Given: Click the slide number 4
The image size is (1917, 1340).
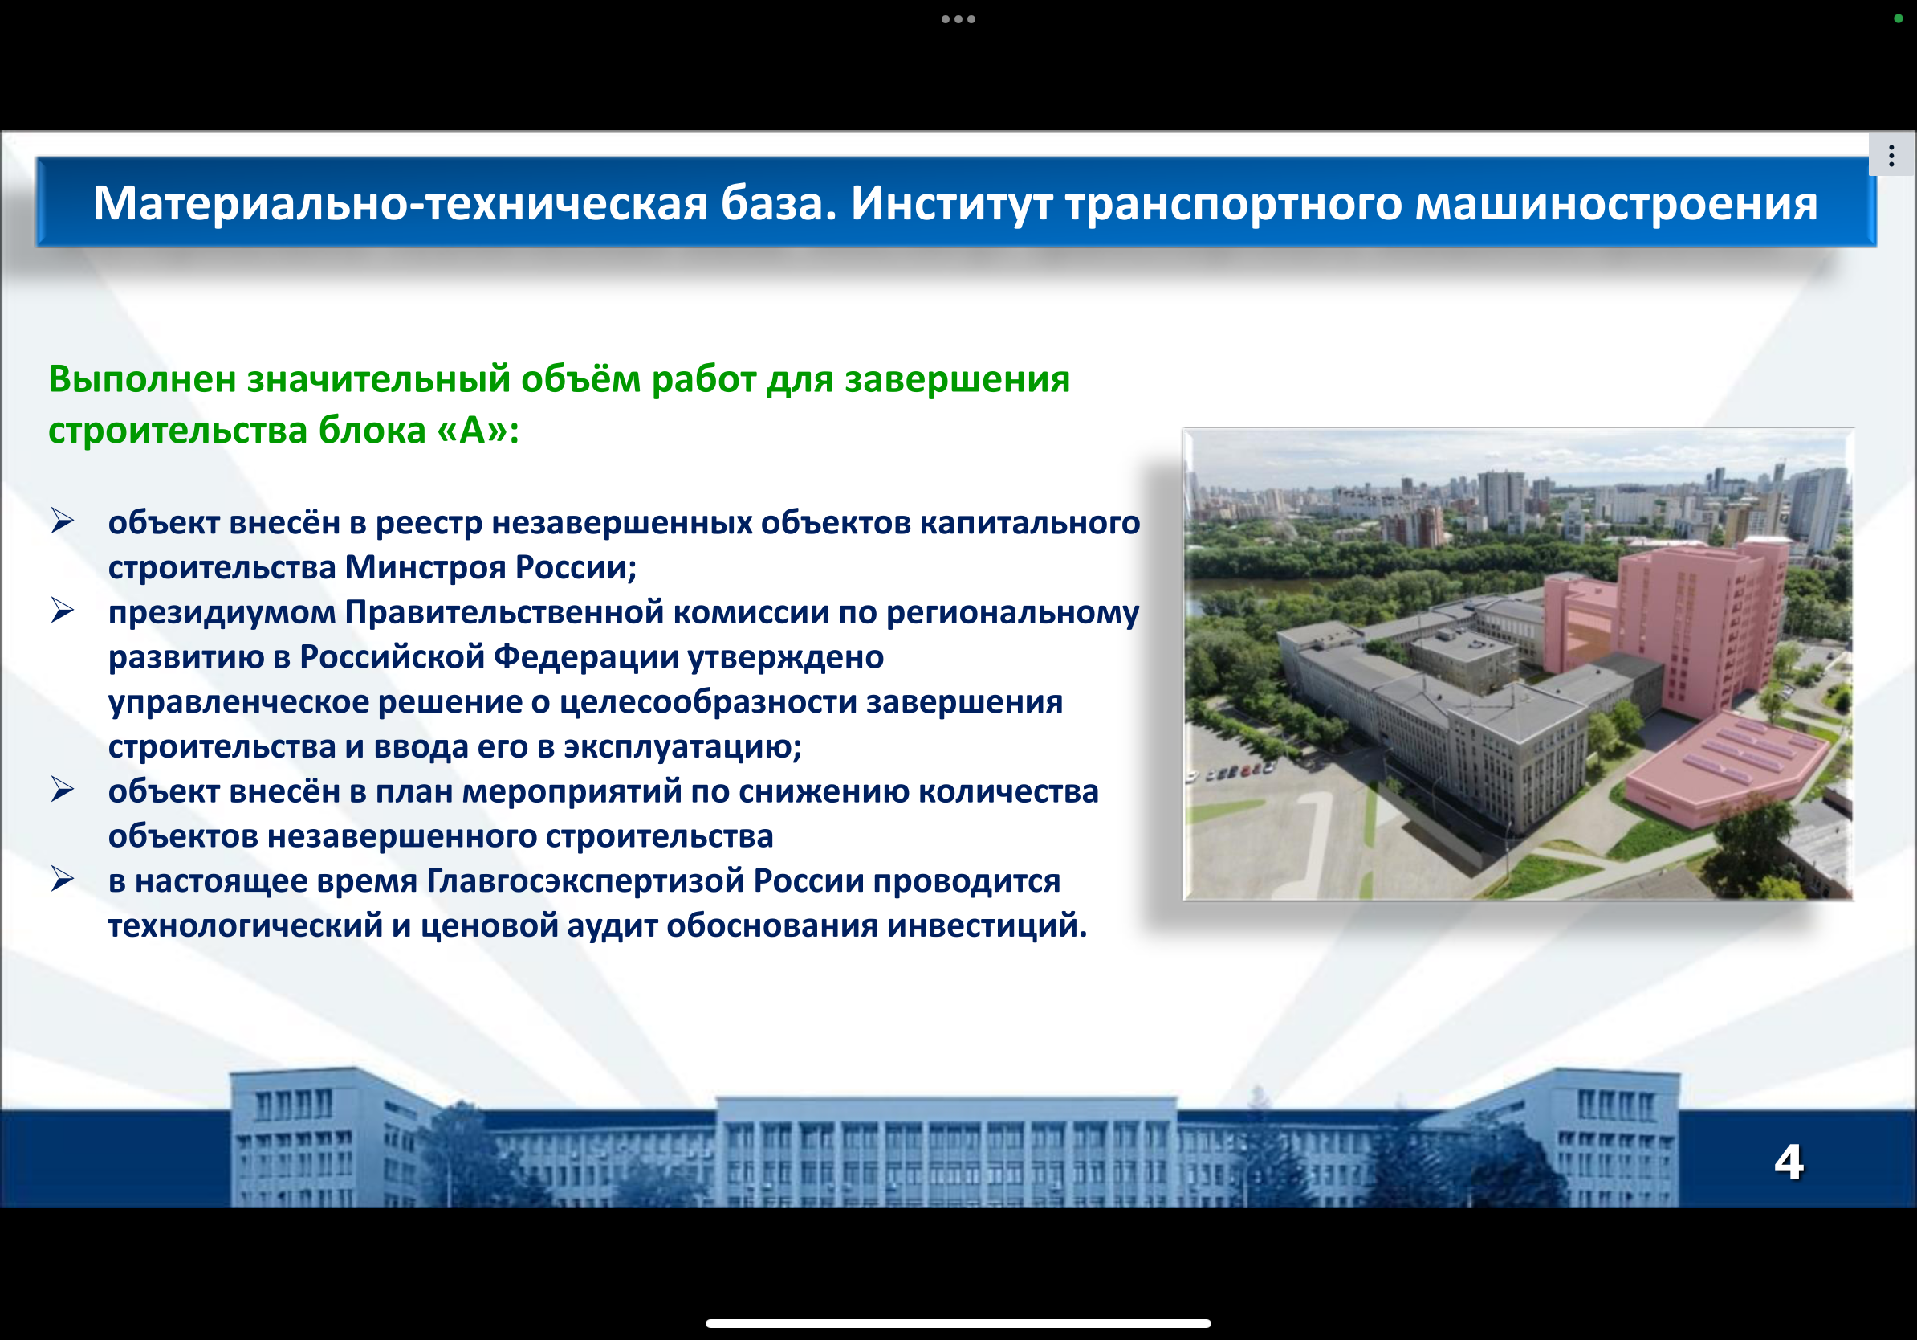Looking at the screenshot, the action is point(1789,1162).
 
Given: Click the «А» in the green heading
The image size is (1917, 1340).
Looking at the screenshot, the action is point(473,431).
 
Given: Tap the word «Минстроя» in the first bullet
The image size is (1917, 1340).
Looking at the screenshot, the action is point(425,567).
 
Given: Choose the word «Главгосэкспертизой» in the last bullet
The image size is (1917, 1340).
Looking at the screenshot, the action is point(585,881).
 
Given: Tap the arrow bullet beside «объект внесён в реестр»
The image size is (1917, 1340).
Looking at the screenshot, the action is point(63,521).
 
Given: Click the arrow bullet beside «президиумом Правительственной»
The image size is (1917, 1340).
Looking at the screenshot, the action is point(63,611).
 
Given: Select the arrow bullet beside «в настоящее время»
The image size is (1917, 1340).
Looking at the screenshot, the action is point(63,880).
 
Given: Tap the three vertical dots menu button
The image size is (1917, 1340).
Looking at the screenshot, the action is point(1891,155).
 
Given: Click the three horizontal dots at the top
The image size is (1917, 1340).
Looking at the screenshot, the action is point(958,19).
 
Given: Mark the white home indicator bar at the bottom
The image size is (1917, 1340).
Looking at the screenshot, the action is point(958,1323).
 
